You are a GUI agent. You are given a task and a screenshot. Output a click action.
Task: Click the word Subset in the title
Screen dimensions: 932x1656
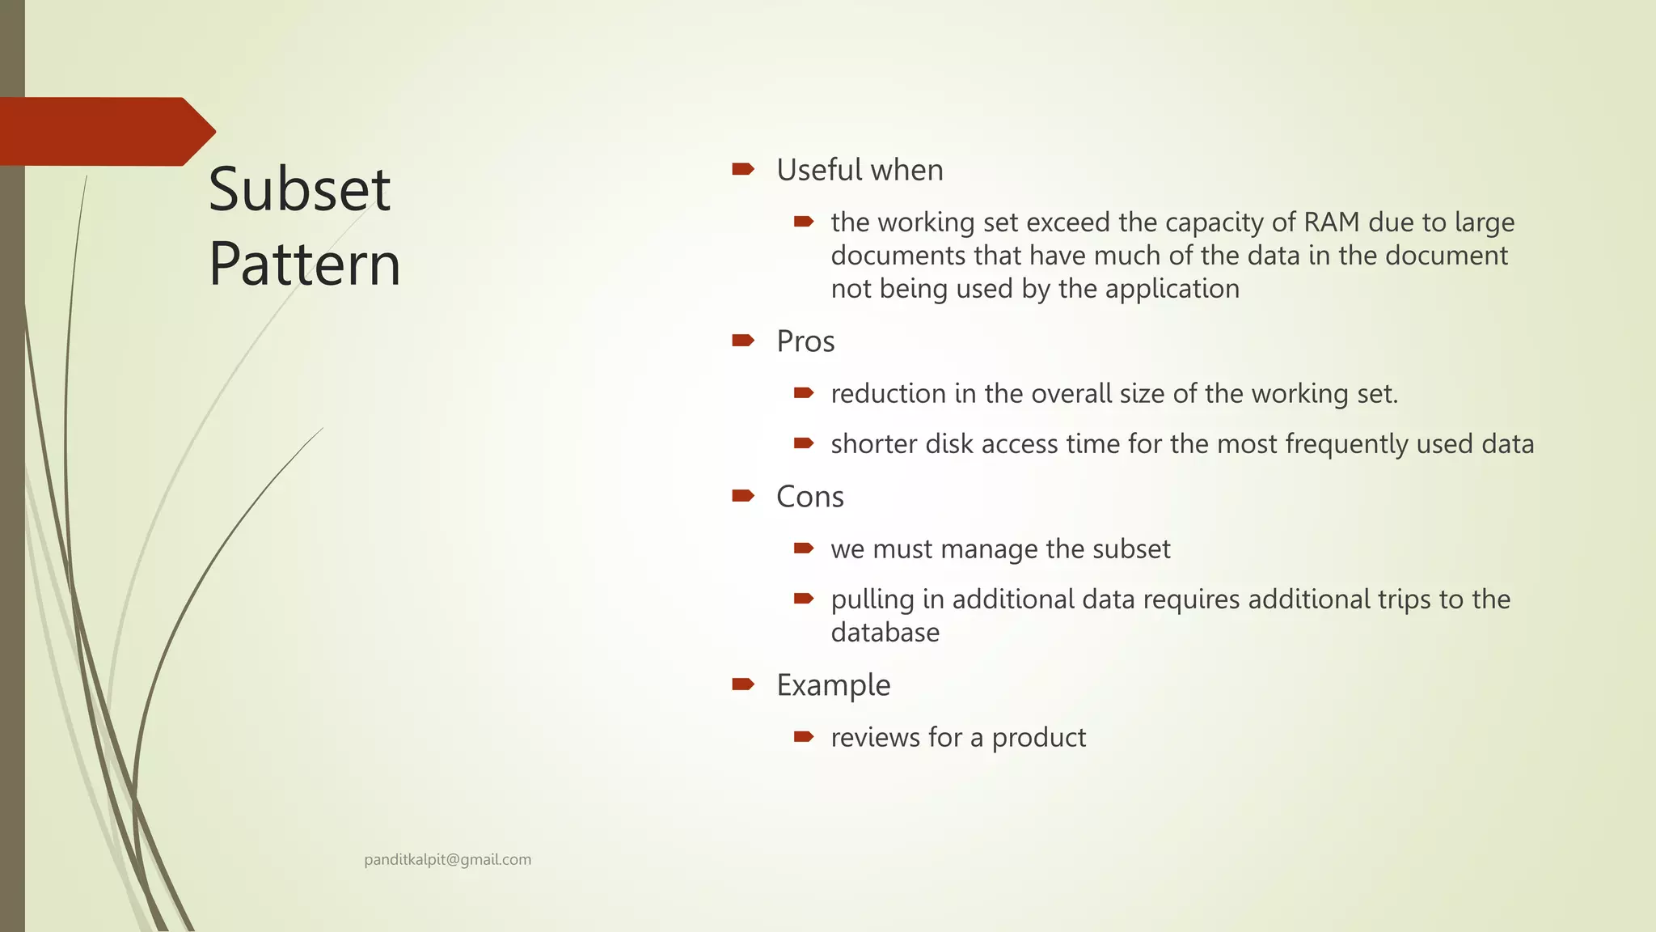click(x=299, y=189)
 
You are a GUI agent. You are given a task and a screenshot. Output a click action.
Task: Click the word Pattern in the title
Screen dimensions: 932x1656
click(x=305, y=264)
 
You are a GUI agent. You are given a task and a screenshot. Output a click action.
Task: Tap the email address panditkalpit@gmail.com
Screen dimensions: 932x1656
click(x=447, y=860)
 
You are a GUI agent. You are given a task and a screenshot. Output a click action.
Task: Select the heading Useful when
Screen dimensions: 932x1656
click(x=860, y=170)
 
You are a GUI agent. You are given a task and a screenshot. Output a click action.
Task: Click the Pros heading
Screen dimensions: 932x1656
click(x=805, y=341)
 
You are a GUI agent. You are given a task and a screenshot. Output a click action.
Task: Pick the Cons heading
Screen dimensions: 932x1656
click(x=809, y=497)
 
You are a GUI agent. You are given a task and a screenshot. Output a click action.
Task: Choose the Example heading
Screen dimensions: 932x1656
click(x=833, y=685)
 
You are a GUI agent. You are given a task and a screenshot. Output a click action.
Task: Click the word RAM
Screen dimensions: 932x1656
click(x=1332, y=222)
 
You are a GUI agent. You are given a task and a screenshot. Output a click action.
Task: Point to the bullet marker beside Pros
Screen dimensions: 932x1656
click(x=742, y=341)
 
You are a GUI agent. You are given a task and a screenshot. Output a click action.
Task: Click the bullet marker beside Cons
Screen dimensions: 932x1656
click(x=742, y=496)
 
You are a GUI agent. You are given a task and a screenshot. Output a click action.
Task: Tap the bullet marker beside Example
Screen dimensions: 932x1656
click(x=742, y=684)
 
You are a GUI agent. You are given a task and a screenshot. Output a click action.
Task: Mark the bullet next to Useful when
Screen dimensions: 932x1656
click(x=742, y=169)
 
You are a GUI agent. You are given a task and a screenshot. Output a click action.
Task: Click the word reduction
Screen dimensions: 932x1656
click(x=888, y=394)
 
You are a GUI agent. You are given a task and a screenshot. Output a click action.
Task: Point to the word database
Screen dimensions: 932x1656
click(x=885, y=633)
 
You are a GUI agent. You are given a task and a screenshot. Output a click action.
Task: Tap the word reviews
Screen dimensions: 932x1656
click(x=876, y=738)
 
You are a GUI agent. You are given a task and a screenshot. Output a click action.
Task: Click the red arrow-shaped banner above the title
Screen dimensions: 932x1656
click(x=105, y=131)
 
